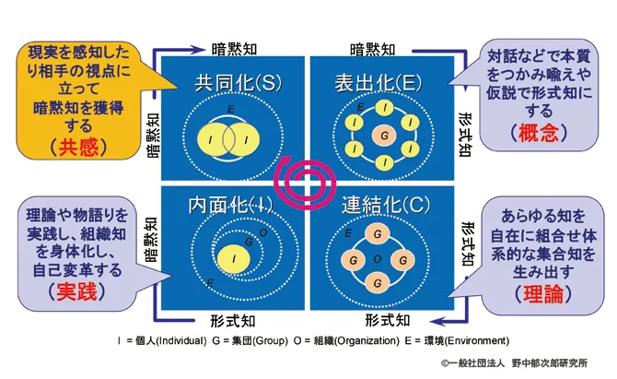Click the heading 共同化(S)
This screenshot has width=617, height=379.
pos(239,83)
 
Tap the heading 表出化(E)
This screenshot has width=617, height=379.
pos(378,83)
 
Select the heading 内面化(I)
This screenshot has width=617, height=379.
pos(230,205)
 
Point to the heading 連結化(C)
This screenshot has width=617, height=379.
pos(386,205)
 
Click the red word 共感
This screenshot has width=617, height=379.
pos(78,148)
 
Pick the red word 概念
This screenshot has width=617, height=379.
pos(539,133)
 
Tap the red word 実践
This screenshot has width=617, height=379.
pos(76,292)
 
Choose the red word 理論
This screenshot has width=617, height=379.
pos(543,294)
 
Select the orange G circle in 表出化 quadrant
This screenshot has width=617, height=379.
pos(384,136)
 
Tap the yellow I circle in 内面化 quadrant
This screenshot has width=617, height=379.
pos(234,258)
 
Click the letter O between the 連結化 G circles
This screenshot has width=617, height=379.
pos(378,259)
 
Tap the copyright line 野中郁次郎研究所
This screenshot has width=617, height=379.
pos(550,362)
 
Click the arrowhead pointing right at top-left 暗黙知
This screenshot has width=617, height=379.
pos(198,50)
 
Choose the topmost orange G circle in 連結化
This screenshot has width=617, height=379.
pos(378,234)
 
